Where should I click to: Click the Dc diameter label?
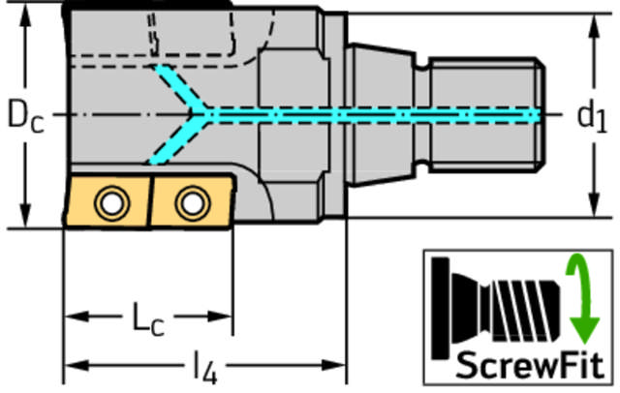[x=26, y=116]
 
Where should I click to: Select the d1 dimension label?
[x=592, y=116]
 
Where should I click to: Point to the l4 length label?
[x=204, y=367]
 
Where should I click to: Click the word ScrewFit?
[x=530, y=365]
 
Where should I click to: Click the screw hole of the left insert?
[x=111, y=203]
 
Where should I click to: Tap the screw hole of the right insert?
[x=193, y=203]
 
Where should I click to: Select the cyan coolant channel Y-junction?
[x=202, y=114]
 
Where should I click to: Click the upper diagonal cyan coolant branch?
[x=178, y=86]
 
